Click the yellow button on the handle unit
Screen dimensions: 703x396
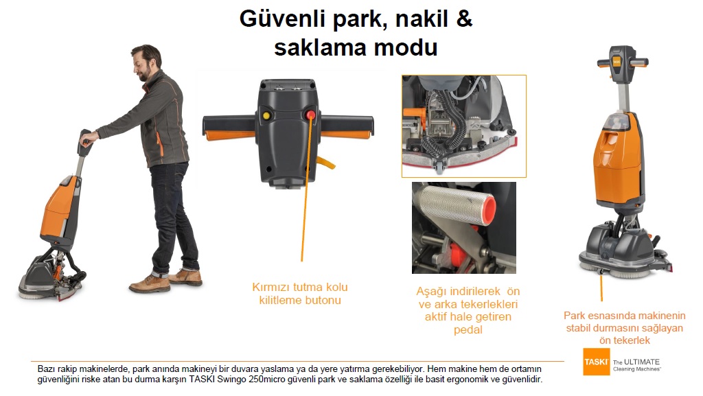pyautogui.click(x=266, y=116)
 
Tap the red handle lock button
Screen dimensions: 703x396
pyautogui.click(x=310, y=115)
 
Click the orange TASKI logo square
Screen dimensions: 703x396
pyautogui.click(x=597, y=362)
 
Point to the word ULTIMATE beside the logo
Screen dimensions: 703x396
pyautogui.click(x=642, y=362)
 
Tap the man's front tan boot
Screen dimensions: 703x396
pyautogui.click(x=149, y=284)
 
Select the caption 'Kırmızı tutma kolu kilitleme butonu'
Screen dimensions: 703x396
pyautogui.click(x=300, y=294)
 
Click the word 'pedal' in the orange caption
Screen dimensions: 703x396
pyautogui.click(x=468, y=330)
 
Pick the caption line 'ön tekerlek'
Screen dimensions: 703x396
pyautogui.click(x=625, y=340)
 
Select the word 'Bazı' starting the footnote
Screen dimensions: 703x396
pyautogui.click(x=46, y=369)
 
